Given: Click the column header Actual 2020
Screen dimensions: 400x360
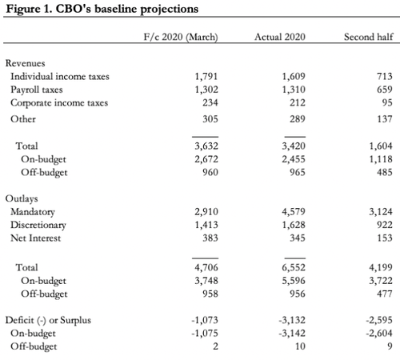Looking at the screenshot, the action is (x=280, y=37).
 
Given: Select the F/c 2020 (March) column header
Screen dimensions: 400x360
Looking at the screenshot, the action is (x=181, y=37).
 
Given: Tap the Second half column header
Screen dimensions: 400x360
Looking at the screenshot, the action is (x=368, y=37).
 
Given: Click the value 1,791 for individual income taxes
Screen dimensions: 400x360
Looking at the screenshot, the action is (x=206, y=77).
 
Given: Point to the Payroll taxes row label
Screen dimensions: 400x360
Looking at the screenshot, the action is (x=37, y=90).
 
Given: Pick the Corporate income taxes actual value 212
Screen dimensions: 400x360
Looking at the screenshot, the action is (x=298, y=102).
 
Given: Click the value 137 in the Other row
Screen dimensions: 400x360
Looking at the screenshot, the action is (x=385, y=119).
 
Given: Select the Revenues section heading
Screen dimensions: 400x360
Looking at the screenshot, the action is (x=25, y=63).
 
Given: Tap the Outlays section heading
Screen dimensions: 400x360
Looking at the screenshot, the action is (x=22, y=198).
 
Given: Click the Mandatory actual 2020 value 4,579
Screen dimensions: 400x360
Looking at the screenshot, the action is (x=294, y=212).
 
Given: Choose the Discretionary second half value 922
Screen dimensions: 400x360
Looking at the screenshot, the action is (x=385, y=225).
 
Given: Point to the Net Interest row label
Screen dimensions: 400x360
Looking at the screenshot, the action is (x=35, y=238).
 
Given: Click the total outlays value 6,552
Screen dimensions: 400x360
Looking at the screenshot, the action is (x=294, y=267).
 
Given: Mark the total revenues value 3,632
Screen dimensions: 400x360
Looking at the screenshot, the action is (x=206, y=146).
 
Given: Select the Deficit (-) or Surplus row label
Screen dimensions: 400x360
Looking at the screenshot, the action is (x=48, y=320).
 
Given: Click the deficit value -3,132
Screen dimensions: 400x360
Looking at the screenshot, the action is (x=292, y=320).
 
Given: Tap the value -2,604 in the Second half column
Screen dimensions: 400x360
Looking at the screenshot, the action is (x=379, y=334).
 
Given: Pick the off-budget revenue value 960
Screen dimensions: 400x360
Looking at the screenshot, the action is (x=210, y=172).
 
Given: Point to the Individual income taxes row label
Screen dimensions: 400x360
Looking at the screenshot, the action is (x=60, y=77).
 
